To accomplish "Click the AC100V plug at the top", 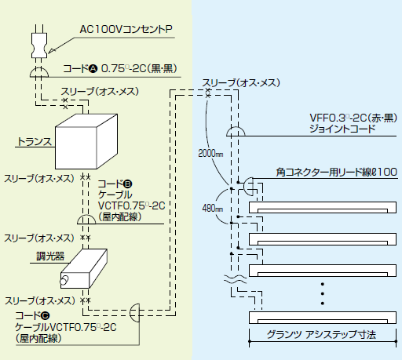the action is [39, 45].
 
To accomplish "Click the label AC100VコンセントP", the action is [126, 29].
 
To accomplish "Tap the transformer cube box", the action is [86, 141].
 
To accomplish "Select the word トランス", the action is [35, 141].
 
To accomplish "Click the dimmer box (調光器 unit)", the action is [84, 268].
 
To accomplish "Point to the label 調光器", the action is [50, 256].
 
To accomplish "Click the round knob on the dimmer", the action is [64, 280].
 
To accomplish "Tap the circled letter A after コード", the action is [93, 69].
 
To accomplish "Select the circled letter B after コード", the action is [128, 184].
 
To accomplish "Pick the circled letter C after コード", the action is [46, 316].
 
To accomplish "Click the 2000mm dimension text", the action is [210, 153].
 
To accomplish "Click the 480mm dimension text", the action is [213, 209].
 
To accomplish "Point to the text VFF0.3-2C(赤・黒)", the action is [353, 118].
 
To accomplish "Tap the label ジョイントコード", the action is [342, 129].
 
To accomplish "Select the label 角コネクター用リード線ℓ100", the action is [337, 172].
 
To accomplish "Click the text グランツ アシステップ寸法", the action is [321, 335].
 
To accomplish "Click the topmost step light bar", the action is [323, 207].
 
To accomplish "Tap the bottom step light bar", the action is [323, 318].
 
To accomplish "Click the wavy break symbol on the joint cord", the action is [235, 279].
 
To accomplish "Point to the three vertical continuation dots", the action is [323, 293].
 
